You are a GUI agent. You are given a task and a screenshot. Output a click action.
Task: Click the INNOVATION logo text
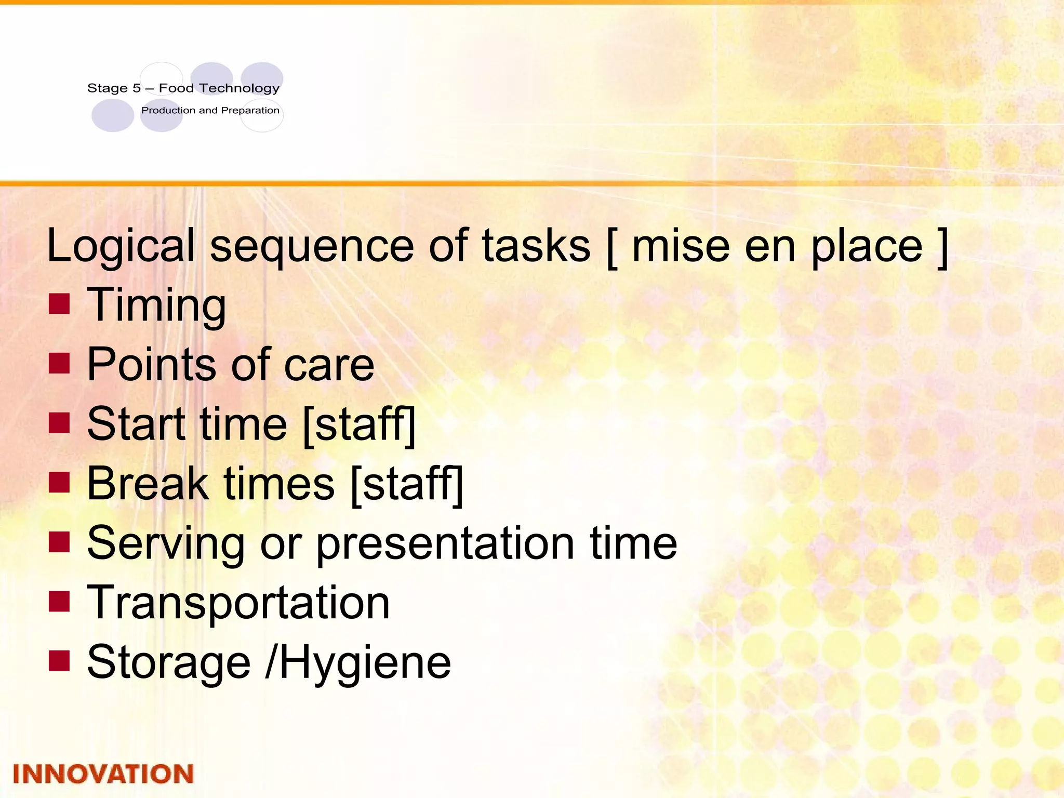[103, 774]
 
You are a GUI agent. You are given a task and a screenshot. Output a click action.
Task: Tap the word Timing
[156, 305]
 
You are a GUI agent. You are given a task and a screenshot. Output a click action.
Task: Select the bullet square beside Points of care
[59, 364]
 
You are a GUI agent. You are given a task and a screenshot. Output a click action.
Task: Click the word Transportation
[238, 603]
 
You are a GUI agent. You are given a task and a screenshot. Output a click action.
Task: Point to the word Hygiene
[366, 662]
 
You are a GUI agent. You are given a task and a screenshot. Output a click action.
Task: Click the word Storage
[169, 662]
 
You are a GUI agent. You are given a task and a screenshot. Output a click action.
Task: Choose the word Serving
[166, 543]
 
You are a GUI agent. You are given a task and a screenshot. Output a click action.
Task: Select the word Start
[136, 424]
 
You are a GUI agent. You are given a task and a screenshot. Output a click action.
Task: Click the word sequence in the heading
[312, 246]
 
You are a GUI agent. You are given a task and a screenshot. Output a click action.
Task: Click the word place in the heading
[867, 246]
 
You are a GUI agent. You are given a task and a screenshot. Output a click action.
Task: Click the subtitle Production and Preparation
[210, 110]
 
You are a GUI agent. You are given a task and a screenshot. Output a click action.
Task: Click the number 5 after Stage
[137, 88]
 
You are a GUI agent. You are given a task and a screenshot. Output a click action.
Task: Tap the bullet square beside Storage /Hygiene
[59, 661]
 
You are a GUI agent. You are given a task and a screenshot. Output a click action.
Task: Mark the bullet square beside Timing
[59, 304]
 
